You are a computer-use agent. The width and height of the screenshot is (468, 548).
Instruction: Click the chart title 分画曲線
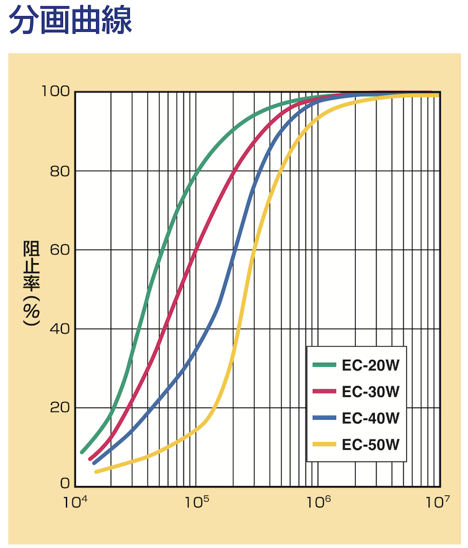pos(71,20)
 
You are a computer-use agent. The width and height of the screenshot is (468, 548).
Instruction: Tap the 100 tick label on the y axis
pos(56,91)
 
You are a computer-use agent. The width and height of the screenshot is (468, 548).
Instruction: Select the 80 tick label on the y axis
pos(59,171)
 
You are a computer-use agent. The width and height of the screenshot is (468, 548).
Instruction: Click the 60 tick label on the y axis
pos(59,250)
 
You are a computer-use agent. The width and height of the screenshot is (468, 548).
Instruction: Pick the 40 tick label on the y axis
pos(59,329)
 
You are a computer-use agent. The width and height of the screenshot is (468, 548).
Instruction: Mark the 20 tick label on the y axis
pos(59,408)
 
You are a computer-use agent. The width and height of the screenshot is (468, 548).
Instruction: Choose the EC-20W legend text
pos(371,365)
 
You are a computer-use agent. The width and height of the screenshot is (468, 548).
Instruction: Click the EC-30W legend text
pos(371,392)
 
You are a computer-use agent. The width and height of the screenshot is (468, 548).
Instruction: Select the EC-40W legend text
pos(371,418)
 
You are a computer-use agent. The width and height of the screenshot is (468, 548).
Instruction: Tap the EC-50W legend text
pos(371,444)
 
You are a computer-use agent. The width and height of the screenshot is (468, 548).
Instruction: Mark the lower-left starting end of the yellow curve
pos(96,472)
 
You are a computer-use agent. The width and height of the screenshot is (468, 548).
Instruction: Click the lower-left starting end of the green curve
pos(82,452)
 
